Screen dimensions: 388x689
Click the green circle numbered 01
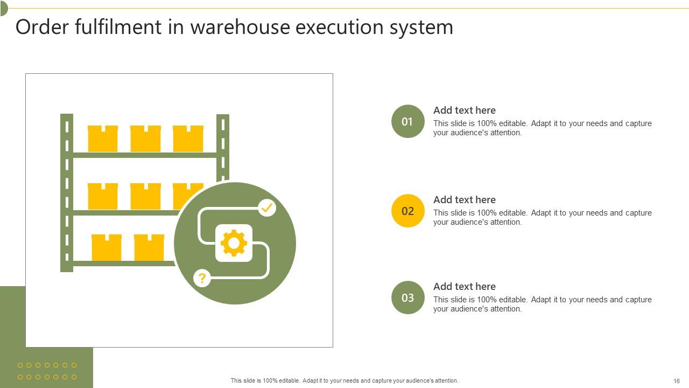408,121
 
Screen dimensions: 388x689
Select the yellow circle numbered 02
408,211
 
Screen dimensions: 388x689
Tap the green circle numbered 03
408,297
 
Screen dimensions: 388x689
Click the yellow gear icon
234,243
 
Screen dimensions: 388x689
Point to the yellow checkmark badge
267,207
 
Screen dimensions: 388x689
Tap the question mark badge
202,279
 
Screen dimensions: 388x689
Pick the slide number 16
677,380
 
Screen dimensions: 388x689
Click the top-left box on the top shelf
103,139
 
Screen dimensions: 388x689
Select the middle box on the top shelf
145,139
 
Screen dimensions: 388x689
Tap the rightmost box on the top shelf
188,139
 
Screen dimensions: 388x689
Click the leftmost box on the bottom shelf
107,248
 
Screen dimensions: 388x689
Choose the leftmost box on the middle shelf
103,197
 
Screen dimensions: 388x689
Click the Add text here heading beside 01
465,110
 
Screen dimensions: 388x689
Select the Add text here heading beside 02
465,199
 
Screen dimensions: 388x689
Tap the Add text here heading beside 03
465,286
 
